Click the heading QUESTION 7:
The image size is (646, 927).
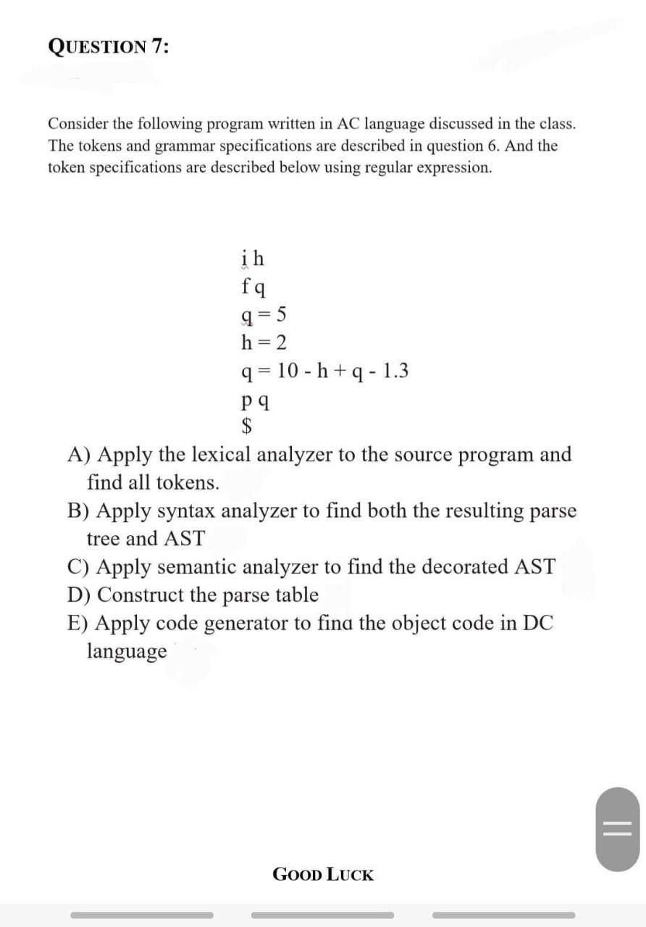(x=109, y=46)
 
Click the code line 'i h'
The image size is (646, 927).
(x=251, y=258)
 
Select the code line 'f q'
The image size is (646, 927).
(x=252, y=286)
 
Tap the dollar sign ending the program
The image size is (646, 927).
(x=247, y=426)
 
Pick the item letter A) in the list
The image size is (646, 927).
(x=80, y=455)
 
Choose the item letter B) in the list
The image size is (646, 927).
(x=80, y=511)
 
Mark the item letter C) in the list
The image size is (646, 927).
(x=80, y=567)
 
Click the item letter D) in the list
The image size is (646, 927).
(x=80, y=595)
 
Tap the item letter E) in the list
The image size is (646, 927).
(x=80, y=624)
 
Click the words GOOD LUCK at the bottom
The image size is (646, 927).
(x=323, y=874)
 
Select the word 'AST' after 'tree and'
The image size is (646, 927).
(x=185, y=539)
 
